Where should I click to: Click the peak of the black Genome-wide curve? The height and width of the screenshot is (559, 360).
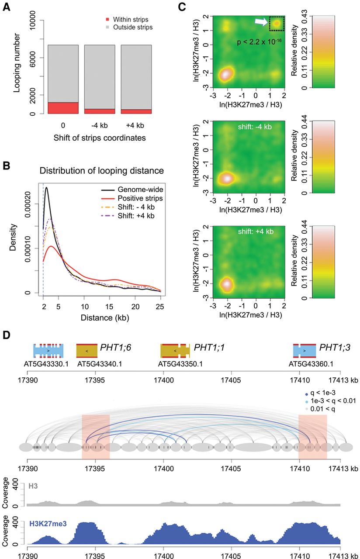(46, 188)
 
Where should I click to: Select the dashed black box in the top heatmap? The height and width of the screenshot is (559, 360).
(277, 24)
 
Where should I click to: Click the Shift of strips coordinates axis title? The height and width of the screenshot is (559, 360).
(99, 138)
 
